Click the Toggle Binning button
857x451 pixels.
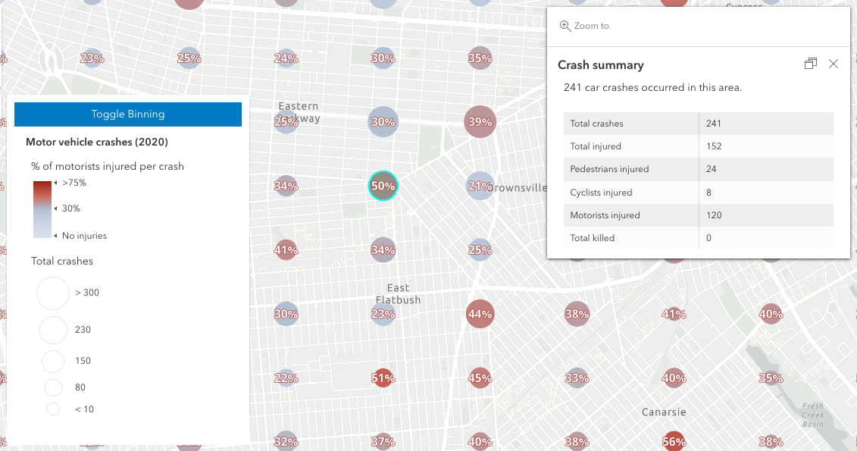(x=128, y=114)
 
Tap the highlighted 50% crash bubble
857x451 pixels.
(x=383, y=186)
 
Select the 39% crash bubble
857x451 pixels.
(x=480, y=122)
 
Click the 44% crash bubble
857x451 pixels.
(x=480, y=314)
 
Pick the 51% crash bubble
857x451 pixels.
(x=383, y=377)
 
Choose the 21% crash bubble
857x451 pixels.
(x=480, y=186)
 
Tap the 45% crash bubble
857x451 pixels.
(x=480, y=377)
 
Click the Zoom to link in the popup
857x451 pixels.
(x=584, y=26)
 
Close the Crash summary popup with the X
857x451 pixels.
(x=834, y=64)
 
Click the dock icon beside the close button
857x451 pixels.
(x=810, y=64)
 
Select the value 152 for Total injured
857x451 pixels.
(x=713, y=146)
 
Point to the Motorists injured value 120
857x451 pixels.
(x=713, y=215)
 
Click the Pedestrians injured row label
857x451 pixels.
(x=609, y=169)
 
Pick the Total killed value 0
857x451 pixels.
(x=708, y=238)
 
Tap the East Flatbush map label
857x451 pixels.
(x=398, y=294)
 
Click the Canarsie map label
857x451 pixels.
(x=664, y=412)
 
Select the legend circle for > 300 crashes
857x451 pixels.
(x=53, y=293)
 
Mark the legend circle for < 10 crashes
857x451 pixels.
(x=53, y=409)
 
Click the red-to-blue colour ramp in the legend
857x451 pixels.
(x=42, y=209)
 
